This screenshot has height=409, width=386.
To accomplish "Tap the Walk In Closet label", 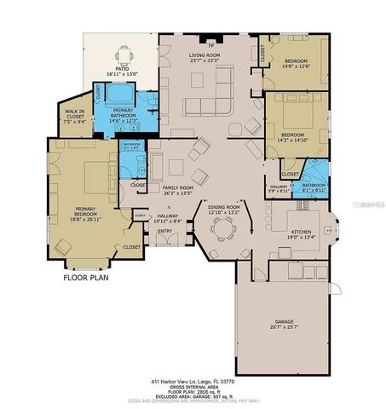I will click(73, 113).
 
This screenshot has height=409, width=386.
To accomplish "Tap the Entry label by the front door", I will click(165, 230).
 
